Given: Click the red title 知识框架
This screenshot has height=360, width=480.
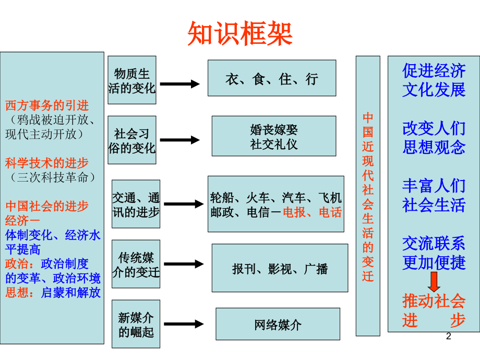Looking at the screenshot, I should point(240,33).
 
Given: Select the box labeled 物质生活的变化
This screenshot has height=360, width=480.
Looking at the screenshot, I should point(132,80).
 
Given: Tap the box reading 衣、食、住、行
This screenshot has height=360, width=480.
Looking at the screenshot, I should point(271,78).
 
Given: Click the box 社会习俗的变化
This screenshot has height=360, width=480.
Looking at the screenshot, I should point(132,140).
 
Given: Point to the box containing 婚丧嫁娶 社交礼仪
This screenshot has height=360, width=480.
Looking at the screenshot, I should point(273,136).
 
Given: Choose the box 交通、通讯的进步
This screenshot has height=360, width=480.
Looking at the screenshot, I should point(136,205).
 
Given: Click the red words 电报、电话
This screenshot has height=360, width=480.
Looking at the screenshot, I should point(312,212).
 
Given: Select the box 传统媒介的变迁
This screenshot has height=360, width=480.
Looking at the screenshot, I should point(136,264).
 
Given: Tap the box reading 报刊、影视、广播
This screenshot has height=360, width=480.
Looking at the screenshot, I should point(280,268).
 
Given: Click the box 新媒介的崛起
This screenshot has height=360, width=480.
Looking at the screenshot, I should point(136,324).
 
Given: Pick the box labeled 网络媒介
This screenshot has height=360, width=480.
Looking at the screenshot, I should point(278,324).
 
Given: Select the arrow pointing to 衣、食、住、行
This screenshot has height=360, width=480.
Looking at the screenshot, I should point(179,83).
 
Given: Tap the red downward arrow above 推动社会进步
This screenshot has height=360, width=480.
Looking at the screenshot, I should point(434,282).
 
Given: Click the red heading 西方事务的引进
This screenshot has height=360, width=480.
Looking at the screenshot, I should point(47,105).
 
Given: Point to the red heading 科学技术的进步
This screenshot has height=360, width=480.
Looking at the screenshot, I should point(47,162).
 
